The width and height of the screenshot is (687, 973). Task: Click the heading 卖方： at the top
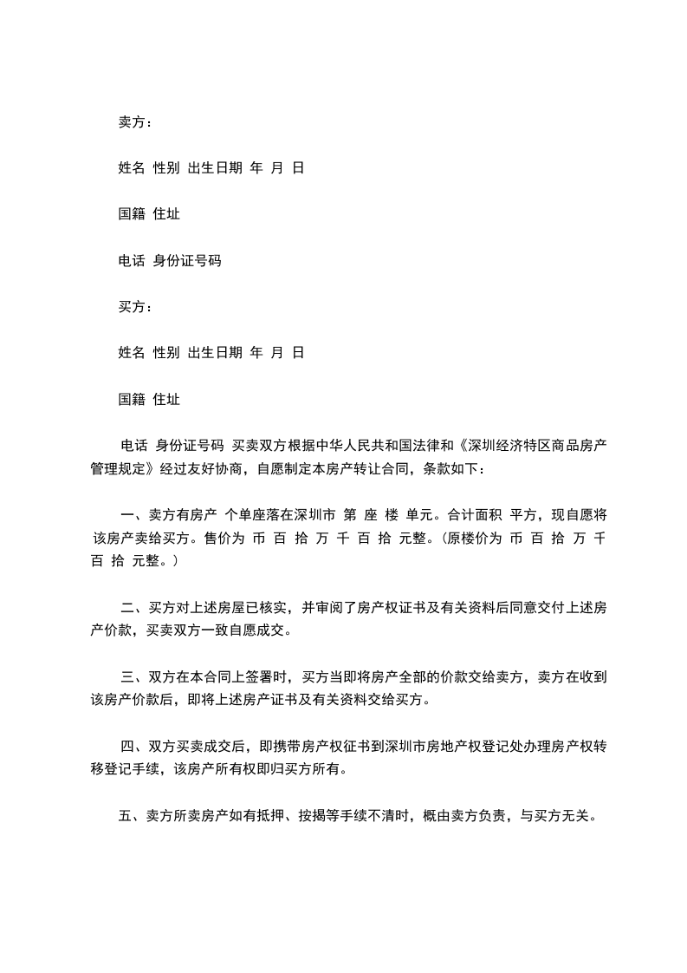tap(135, 122)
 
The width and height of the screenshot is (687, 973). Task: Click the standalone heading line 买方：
tap(135, 307)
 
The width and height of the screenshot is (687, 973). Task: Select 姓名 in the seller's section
tap(132, 168)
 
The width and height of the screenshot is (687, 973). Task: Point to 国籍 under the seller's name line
tap(132, 214)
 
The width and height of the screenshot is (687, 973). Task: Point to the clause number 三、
tap(135, 676)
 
